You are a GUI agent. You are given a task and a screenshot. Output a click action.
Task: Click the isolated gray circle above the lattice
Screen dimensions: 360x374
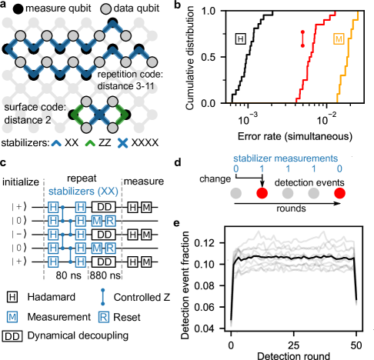(105, 9)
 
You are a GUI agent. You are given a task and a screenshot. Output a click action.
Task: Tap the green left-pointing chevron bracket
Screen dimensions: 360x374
(77, 115)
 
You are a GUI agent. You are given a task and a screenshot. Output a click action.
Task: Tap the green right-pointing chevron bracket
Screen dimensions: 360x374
(121, 115)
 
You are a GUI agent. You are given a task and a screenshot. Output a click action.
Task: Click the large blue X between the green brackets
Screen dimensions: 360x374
(99, 115)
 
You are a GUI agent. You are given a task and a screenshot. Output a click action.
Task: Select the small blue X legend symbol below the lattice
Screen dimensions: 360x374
(122, 144)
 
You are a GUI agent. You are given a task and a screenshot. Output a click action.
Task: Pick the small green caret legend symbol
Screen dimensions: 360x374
(90, 144)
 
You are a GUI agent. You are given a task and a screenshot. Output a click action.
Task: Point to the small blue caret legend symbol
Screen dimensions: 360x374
(56, 144)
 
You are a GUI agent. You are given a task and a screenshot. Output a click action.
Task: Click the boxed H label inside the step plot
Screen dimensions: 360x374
(241, 37)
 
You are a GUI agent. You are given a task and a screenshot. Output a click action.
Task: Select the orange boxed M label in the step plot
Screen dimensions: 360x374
(339, 38)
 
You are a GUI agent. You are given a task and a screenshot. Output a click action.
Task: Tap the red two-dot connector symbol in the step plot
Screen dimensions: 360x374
(302, 38)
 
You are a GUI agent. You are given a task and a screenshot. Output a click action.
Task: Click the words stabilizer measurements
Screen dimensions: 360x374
(286, 159)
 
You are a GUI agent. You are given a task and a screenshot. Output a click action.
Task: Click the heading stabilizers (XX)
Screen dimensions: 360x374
(79, 192)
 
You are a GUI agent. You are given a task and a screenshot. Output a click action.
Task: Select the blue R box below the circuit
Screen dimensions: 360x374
(103, 317)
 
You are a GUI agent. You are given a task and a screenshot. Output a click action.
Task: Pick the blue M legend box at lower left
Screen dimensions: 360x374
(12, 317)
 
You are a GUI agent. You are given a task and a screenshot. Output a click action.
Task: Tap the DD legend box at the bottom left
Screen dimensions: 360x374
(12, 336)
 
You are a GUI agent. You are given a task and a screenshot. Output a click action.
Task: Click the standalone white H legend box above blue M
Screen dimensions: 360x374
(12, 297)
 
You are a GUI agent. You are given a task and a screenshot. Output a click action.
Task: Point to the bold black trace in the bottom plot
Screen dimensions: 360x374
(292, 258)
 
